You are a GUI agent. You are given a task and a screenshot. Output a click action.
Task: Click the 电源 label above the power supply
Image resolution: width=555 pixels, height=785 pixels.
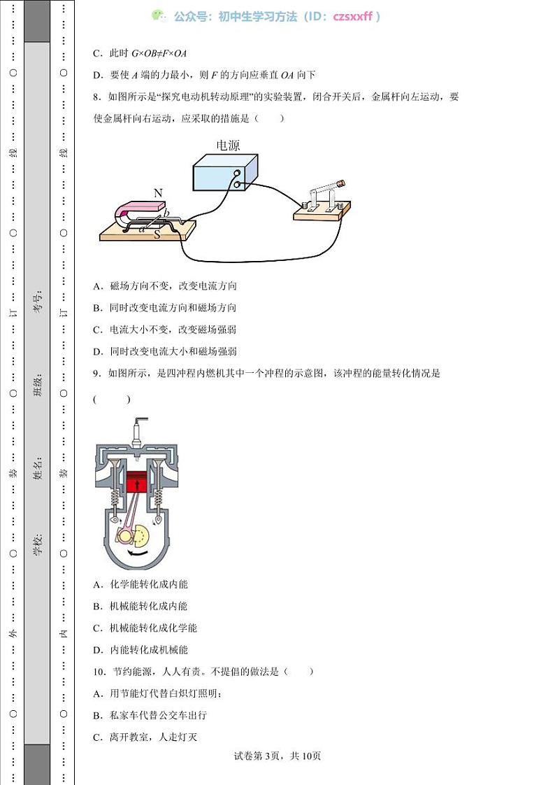pos(228,146)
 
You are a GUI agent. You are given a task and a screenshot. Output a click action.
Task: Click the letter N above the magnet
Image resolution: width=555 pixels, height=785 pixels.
pos(158,193)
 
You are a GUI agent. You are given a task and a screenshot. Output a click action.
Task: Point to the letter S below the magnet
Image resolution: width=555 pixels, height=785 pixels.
pos(157,236)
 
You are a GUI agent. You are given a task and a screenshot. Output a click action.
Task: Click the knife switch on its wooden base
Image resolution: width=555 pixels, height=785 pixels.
pos(322,203)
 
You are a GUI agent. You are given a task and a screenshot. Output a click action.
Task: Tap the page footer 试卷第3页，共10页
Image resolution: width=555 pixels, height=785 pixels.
pos(277,756)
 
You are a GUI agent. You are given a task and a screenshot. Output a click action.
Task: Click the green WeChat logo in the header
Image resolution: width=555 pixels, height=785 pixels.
pos(160,16)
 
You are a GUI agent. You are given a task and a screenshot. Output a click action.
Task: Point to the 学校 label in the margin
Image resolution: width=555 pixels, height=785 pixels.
pos(38,544)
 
